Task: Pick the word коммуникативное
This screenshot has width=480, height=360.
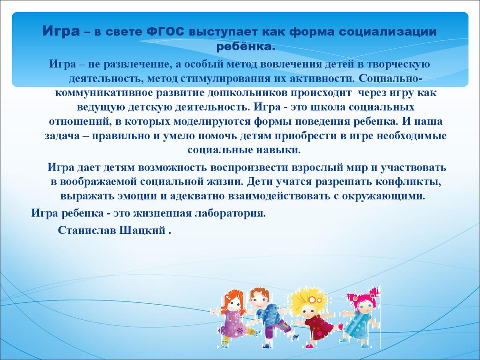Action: pos(105,93)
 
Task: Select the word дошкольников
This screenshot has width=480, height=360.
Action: pos(249,93)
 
